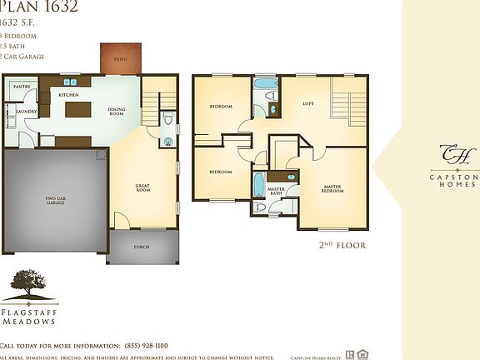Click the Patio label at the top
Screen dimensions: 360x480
coord(122,59)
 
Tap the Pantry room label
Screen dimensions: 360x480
coord(21,87)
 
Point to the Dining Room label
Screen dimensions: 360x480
coord(116,111)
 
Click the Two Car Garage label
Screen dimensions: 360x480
coord(55,201)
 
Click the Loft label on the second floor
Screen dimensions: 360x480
coord(307,104)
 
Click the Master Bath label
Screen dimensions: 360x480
coord(277,192)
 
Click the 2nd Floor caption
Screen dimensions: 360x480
coord(342,246)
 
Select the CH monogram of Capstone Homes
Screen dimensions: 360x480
coord(455,155)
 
